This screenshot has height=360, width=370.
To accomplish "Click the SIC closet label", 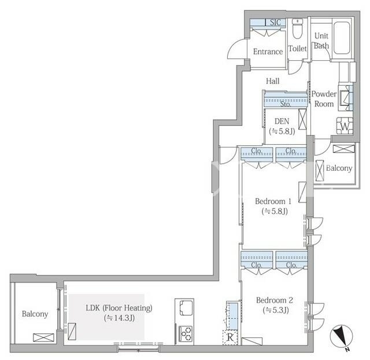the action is pos(275,23).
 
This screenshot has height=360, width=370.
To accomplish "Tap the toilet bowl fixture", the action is pos(297,29).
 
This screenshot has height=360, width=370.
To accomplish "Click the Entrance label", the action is pos(268,52).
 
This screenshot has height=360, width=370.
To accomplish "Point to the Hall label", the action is pos(272,81).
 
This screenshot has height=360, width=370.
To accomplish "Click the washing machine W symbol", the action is pos(345,126).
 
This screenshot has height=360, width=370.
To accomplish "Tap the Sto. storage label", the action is pos(285,104).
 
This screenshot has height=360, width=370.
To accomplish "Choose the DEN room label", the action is pos(282,121).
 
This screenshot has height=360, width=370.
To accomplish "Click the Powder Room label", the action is pos(324,99).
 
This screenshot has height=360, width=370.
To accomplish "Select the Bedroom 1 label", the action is pos(273,201).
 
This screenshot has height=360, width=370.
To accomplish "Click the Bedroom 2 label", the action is pos(275,300).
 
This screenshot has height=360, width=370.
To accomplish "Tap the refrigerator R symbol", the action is pos(230,337).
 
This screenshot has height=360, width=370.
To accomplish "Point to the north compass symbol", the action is pos(341,336).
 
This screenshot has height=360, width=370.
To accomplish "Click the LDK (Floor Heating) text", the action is pos(119,308).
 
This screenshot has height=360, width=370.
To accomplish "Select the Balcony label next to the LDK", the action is pos(35,314).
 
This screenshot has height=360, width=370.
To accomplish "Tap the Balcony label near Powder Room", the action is pos(339,168).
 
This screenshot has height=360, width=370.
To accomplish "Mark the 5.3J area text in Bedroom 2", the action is pos(276,310).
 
